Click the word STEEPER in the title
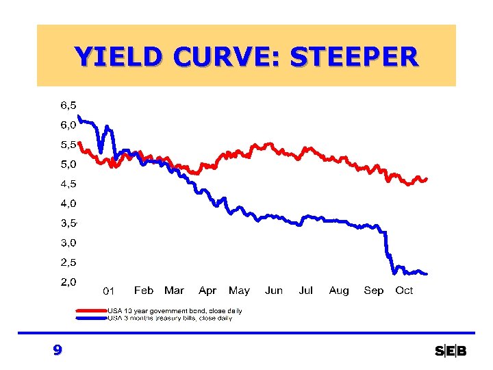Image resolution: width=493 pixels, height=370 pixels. click(x=353, y=56)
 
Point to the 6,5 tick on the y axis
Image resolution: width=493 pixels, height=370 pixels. click(x=68, y=106)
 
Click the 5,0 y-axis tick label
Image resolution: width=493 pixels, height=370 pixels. click(x=68, y=164)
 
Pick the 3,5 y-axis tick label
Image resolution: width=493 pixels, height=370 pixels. click(x=68, y=223)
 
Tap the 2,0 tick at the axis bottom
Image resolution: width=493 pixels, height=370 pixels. click(x=68, y=282)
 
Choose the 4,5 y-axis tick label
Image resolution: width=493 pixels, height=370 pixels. click(x=68, y=184)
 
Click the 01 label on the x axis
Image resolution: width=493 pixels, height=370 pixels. click(x=108, y=291)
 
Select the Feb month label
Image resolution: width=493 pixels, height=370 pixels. click(x=144, y=291)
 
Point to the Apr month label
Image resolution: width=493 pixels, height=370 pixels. click(x=207, y=291)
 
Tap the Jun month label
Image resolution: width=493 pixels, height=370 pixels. click(x=274, y=291)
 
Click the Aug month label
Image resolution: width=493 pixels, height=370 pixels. click(x=339, y=291)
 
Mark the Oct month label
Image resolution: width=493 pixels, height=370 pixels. click(x=404, y=291)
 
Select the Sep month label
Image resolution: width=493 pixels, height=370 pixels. click(x=374, y=291)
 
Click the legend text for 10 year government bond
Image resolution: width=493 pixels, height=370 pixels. click(x=175, y=311)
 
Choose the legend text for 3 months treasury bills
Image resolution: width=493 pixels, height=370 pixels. click(x=170, y=318)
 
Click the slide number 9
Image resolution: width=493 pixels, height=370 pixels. click(x=58, y=351)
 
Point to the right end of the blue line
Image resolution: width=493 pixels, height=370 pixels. click(x=426, y=273)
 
